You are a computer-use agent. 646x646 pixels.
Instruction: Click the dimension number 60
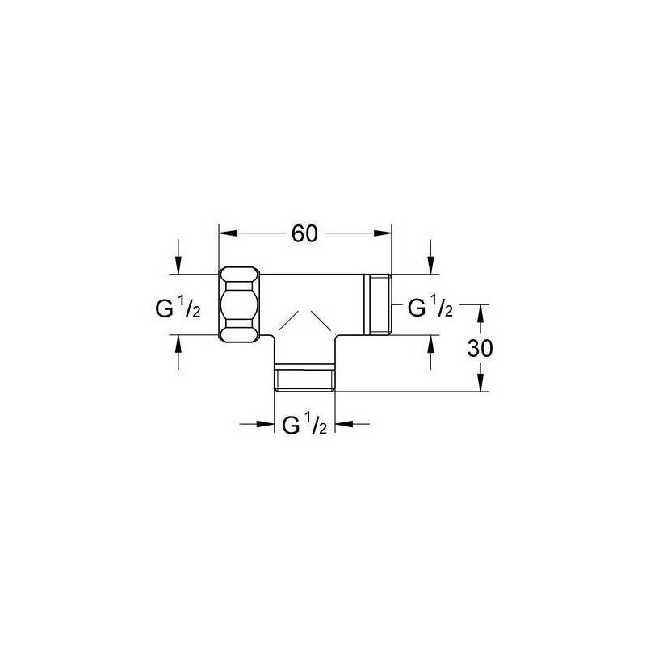(x=305, y=233)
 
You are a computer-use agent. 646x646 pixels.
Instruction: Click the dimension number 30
(x=480, y=349)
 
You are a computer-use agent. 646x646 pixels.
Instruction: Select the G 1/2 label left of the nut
(x=178, y=308)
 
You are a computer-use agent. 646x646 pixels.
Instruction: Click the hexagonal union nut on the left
(x=239, y=304)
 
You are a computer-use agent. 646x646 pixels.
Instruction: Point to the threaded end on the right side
(x=378, y=304)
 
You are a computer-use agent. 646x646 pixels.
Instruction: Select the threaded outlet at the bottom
(x=304, y=377)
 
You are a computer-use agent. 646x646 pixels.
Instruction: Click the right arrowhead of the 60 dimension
(x=382, y=233)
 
